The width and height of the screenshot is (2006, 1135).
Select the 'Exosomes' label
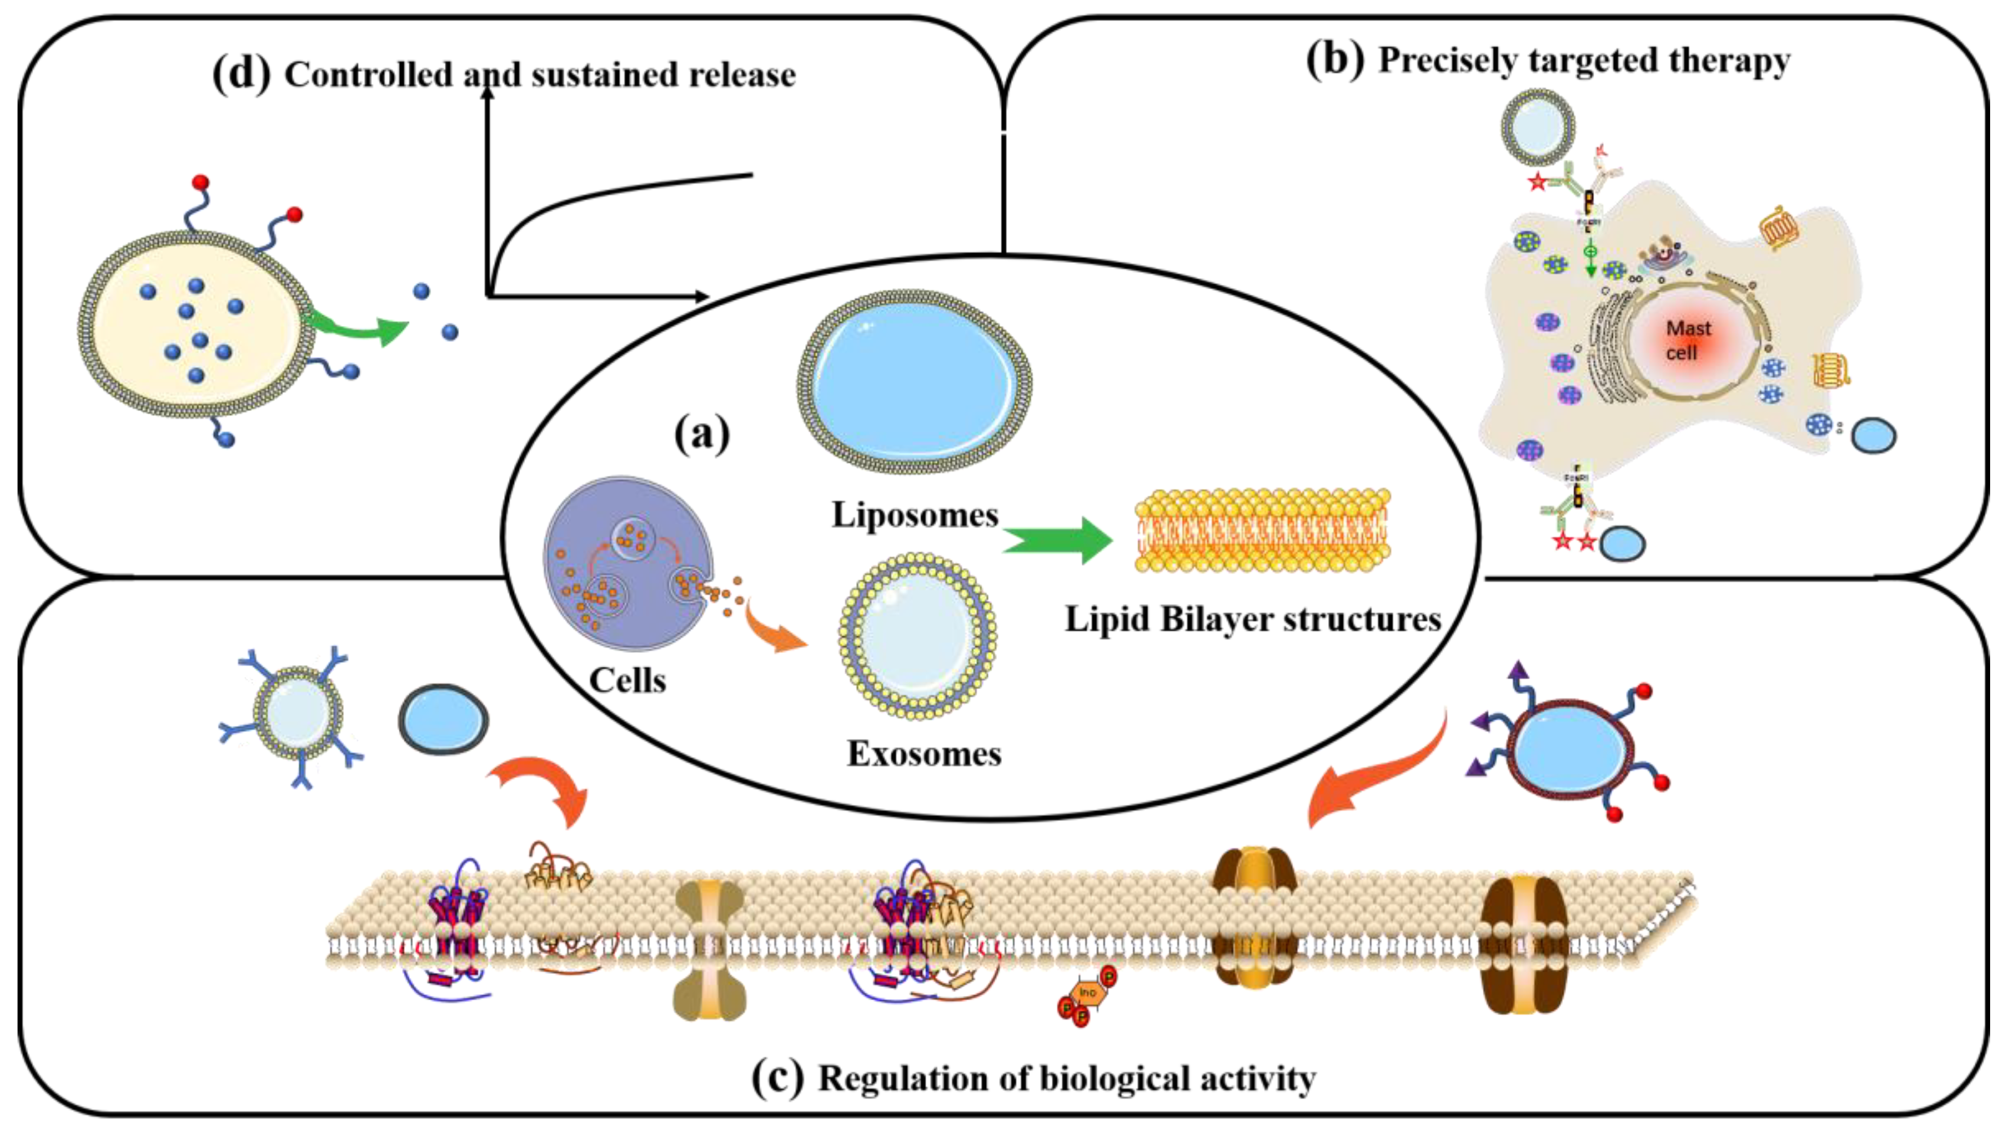tap(924, 754)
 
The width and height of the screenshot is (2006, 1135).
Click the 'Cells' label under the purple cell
tap(627, 680)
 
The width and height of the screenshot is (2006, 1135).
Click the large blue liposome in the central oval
tap(914, 382)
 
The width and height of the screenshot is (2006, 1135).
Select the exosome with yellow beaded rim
tap(918, 635)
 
